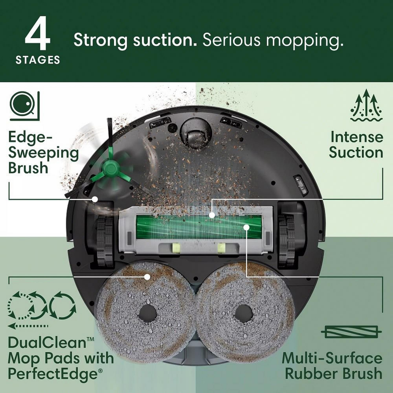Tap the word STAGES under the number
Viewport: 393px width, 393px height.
pyautogui.click(x=38, y=60)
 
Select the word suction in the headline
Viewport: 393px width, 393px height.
pyautogui.click(x=163, y=40)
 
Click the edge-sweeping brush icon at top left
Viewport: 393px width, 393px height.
pyautogui.click(x=25, y=105)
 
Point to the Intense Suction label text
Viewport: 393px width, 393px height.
pyautogui.click(x=356, y=145)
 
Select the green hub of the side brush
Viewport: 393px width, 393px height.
pyautogui.click(x=109, y=169)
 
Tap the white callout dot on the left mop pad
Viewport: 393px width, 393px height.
pyautogui.click(x=147, y=277)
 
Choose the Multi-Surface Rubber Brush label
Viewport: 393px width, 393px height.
pyautogui.click(x=332, y=365)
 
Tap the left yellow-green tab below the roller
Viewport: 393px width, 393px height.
pyautogui.click(x=176, y=248)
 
